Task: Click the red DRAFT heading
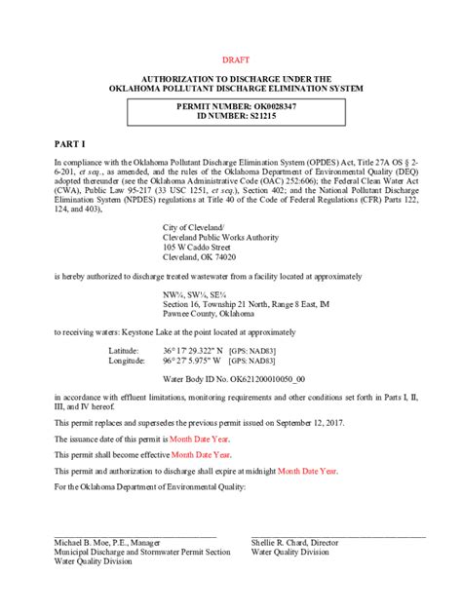pos(237,59)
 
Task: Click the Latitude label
pos(124,349)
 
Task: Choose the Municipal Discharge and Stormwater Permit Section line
pos(142,552)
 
